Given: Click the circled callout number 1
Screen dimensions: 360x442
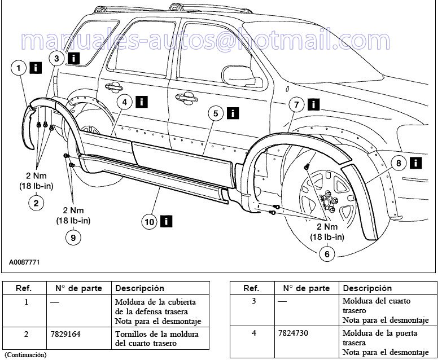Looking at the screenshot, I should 19,69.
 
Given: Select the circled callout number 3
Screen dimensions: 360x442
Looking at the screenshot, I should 56,58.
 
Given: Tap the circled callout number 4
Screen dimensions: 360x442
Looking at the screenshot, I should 125,102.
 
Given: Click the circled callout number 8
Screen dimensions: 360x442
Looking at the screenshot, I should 399,164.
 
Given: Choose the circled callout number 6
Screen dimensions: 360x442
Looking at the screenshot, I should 326,254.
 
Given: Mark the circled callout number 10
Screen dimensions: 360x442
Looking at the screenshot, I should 149,222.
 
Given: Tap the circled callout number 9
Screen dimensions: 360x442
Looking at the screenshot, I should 73,238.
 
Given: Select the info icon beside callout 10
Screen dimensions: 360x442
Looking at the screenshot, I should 166,221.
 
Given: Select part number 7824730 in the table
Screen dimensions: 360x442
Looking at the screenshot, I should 295,333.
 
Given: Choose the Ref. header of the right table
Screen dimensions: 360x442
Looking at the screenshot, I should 251,288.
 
